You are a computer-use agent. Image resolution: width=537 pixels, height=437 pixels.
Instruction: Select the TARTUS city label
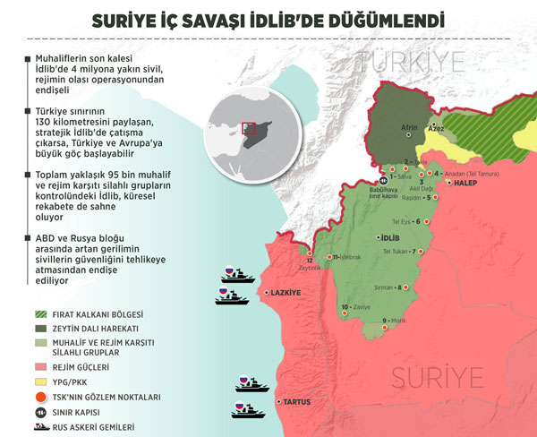[297, 402]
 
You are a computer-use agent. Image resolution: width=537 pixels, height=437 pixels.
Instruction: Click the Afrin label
[409, 127]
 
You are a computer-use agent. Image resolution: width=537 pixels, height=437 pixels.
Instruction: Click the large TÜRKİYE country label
[411, 63]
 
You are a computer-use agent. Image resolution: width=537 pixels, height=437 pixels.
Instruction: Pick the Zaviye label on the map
[357, 307]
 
